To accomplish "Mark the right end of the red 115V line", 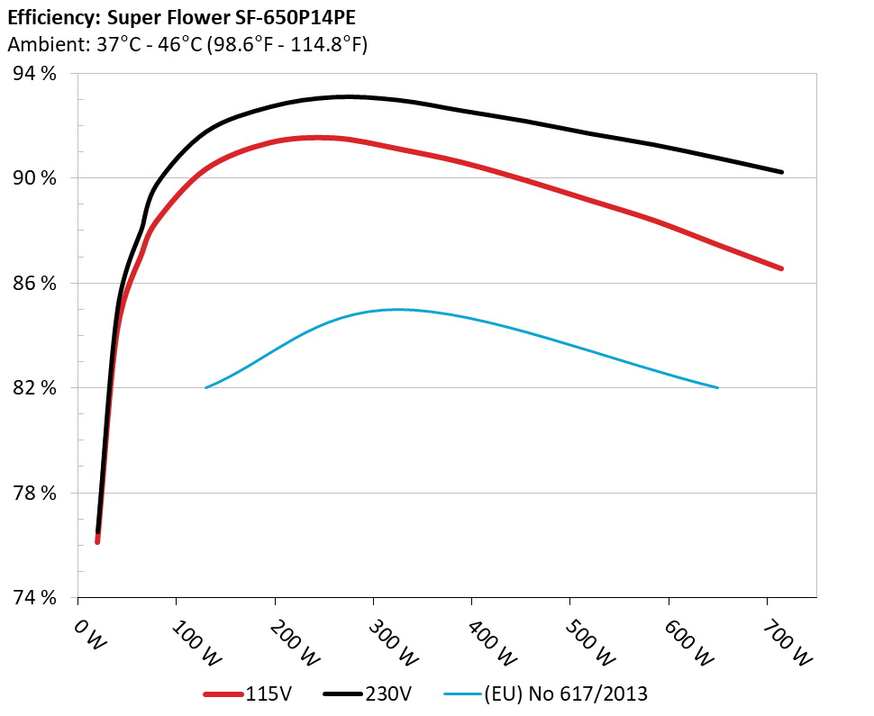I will [781, 268].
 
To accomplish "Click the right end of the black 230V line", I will [781, 172].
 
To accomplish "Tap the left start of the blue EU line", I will [206, 388].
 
